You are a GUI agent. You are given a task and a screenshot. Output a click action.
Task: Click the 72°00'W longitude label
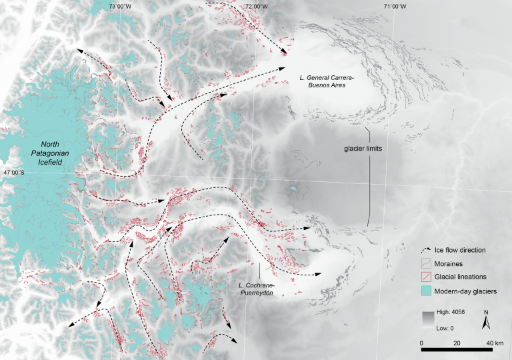[257, 6]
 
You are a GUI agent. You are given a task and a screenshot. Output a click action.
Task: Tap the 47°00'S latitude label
[15, 173]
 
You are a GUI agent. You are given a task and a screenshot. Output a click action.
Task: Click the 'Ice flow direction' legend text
[467, 250]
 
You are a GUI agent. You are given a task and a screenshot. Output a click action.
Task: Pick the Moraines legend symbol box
[429, 264]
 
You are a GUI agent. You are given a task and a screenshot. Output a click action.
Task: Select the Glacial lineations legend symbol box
[429, 277]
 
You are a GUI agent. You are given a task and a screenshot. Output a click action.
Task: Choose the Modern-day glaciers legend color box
[429, 291]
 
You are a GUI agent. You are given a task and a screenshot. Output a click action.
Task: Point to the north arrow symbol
[487, 324]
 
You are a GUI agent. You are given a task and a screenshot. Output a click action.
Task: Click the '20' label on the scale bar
[457, 342]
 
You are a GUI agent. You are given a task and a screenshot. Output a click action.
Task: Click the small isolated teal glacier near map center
[293, 190]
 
